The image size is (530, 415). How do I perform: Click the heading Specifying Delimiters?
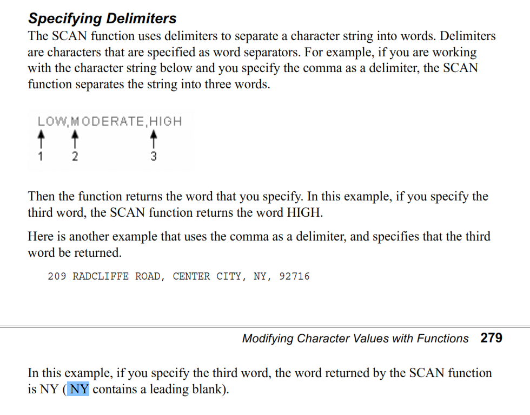102,18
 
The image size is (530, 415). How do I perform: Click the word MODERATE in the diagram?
108,121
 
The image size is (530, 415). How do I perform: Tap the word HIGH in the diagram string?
165,121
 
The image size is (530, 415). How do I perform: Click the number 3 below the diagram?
154,157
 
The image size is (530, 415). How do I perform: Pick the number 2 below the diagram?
75,157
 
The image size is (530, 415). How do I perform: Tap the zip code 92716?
294,276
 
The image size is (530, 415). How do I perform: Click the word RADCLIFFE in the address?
101,276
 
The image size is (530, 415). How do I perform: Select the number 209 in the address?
57,276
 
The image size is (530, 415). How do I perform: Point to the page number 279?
491,338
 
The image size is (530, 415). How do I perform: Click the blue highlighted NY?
79,389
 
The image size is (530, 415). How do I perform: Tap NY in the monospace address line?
261,276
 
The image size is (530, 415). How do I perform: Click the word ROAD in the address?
148,276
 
